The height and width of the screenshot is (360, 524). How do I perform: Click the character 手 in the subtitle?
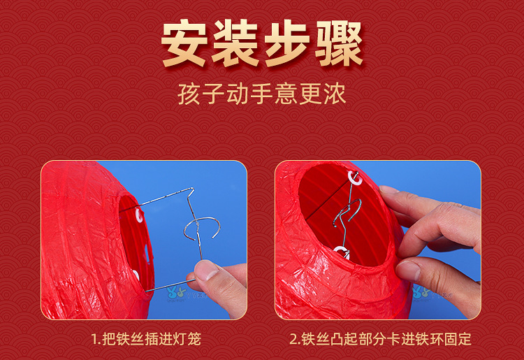click(x=262, y=93)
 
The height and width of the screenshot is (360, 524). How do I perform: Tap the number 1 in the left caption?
click(x=94, y=340)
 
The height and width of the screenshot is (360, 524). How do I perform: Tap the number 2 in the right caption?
click(x=293, y=340)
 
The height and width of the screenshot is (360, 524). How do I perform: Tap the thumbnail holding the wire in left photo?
click(x=208, y=273)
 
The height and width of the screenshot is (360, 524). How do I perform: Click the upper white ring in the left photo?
click(x=139, y=217)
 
